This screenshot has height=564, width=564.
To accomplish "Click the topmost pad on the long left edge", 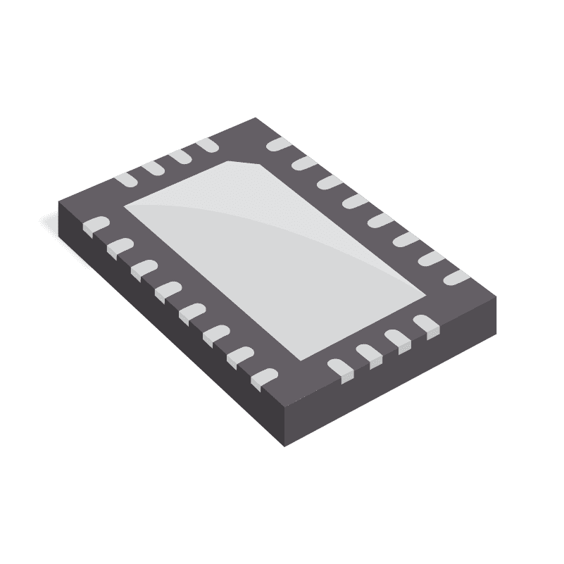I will (95, 225).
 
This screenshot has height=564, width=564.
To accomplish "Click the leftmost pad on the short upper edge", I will (126, 179).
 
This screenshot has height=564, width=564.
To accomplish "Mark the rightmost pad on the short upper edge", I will (207, 144).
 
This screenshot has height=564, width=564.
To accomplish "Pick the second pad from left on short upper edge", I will (153, 168).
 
